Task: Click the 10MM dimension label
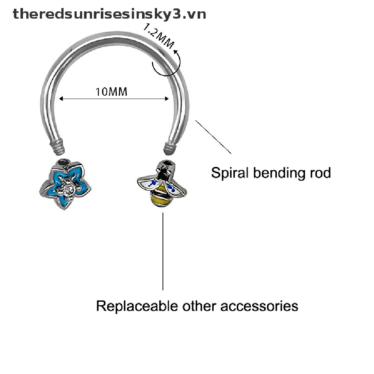[x=111, y=91]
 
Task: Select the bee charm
[x=162, y=184]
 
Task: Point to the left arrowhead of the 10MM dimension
[x=61, y=99]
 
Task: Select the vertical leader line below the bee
[x=163, y=252]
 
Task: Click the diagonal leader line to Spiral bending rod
[x=214, y=137]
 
